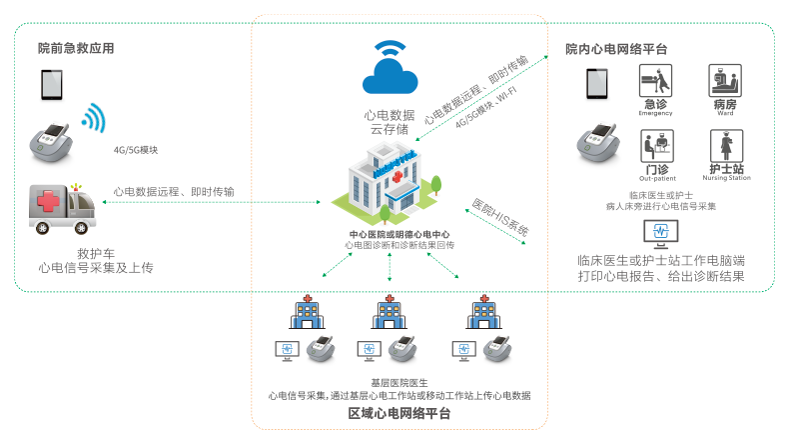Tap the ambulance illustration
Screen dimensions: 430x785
pos(63,209)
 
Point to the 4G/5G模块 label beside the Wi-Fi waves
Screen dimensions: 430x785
pos(137,151)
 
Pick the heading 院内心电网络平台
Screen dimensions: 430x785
pos(616,48)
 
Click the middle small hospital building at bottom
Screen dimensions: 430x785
pos(389,311)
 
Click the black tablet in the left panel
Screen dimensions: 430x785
pos(50,84)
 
